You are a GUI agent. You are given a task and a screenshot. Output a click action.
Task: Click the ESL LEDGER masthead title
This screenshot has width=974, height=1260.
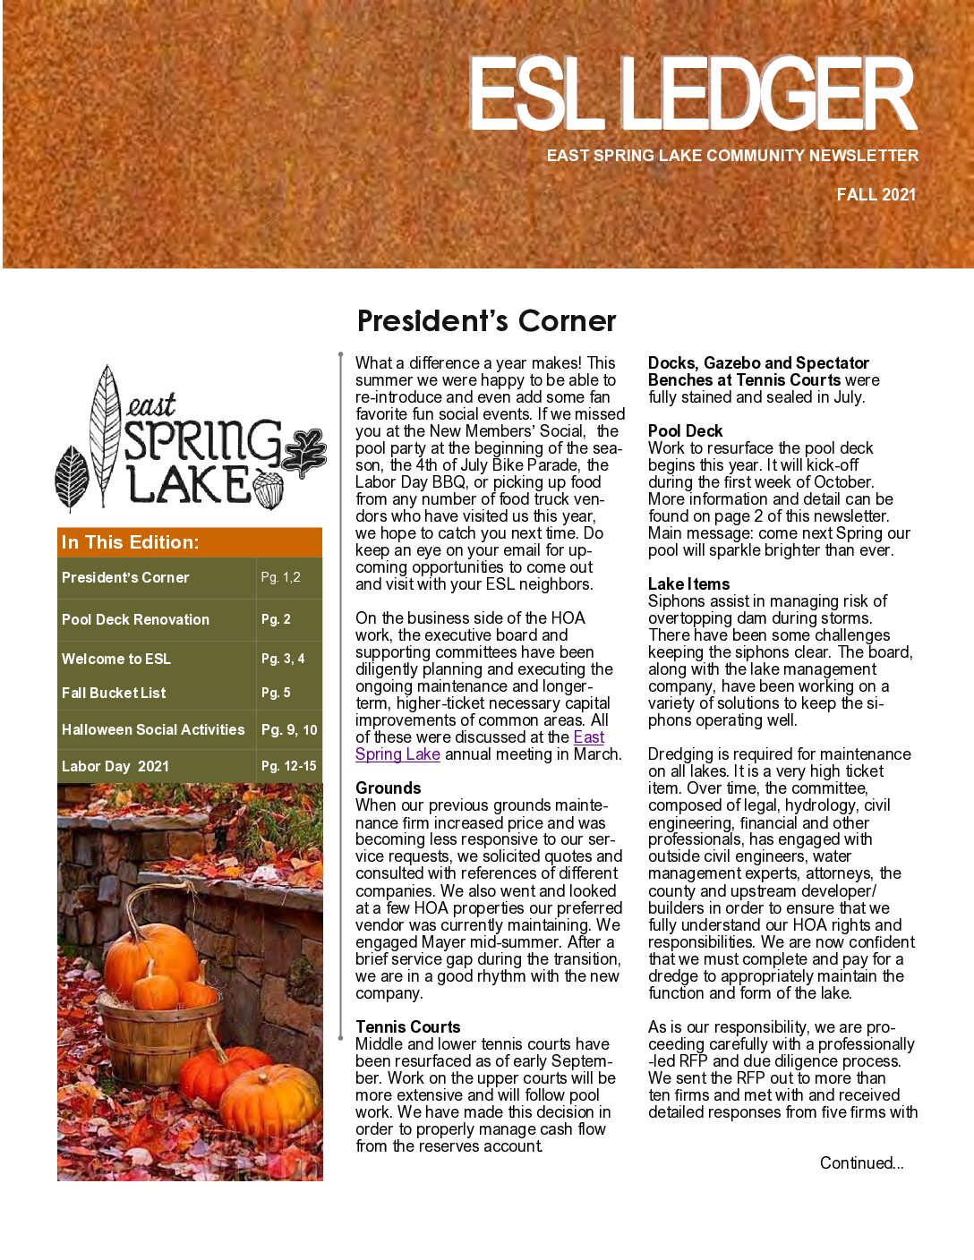691,94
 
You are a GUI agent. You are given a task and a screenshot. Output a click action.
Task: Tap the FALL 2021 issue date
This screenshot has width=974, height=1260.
876,194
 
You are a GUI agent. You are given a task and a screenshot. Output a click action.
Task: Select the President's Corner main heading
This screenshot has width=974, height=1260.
486,320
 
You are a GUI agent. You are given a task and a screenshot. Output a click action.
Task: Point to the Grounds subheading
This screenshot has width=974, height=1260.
388,787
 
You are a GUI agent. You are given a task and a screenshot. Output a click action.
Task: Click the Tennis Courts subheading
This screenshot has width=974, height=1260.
407,1026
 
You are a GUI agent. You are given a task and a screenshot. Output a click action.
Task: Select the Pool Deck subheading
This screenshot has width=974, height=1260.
685,430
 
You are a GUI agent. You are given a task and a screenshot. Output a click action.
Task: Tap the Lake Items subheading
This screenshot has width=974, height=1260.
688,583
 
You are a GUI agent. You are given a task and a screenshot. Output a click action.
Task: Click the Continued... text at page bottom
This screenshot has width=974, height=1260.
861,1162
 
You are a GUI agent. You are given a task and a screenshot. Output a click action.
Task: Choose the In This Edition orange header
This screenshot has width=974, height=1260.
131,542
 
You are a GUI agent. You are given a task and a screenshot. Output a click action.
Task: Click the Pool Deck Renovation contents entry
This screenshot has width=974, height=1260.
135,619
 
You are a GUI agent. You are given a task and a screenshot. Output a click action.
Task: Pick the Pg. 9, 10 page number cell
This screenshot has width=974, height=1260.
289,729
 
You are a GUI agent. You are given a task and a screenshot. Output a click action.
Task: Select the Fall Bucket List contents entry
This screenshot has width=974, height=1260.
114,693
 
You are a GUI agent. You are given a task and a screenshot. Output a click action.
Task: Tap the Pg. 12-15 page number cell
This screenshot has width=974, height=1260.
289,766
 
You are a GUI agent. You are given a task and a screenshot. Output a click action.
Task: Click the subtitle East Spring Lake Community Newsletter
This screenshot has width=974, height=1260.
732,156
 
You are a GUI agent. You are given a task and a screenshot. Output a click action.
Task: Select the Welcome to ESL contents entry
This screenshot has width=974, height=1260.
116,659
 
